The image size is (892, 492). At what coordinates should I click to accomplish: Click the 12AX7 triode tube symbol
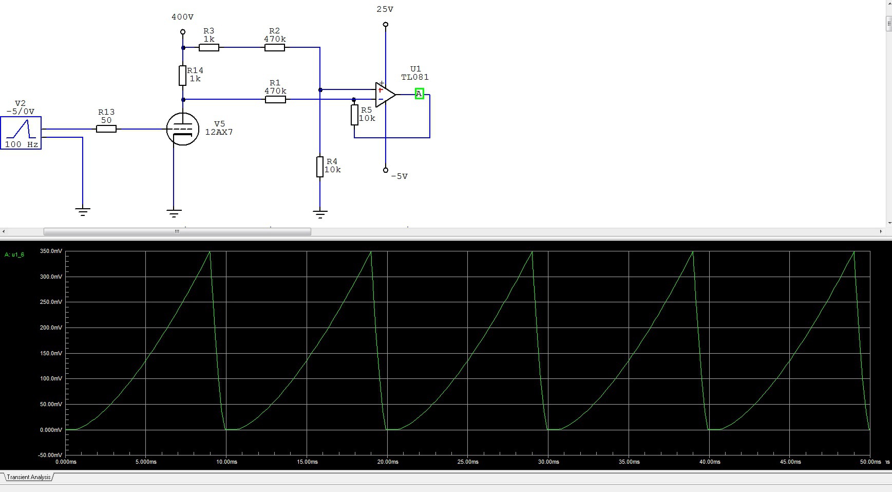pos(183,129)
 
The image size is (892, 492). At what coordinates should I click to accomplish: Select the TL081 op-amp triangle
pos(386,95)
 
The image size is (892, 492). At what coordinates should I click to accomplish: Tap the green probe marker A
pos(420,94)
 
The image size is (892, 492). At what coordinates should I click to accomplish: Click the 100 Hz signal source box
pos(21,133)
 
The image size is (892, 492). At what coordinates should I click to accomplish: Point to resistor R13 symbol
pos(106,129)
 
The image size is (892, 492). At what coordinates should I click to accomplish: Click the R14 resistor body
pos(182,76)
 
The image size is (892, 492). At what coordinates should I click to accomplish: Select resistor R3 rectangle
pos(209,47)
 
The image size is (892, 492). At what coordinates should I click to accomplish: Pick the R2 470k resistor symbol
pos(275,47)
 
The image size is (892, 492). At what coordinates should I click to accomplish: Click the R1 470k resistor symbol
pos(275,99)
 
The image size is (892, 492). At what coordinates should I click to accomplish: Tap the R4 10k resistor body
pos(320,167)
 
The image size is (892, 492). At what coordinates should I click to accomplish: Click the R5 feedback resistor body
pos(354,115)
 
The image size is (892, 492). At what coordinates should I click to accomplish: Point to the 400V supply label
pos(183,17)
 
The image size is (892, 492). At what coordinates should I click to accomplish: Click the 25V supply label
pos(385,9)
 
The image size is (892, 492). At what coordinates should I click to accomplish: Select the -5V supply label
pos(400,176)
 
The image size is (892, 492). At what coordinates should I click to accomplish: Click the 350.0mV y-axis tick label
pos(51,251)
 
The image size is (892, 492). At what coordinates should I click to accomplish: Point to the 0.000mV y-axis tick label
pos(51,430)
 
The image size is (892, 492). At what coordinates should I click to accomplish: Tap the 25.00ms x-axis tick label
pos(468,462)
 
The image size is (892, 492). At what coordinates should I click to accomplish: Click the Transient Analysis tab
pos(28,477)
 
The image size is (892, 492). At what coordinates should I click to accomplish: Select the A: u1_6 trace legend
pos(14,254)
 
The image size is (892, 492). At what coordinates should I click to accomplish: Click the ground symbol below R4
pos(320,214)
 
